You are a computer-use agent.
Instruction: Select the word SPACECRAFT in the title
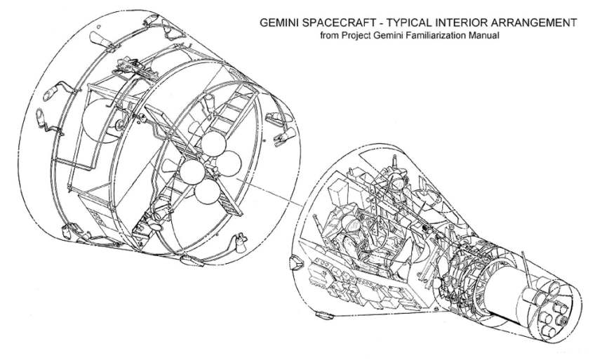click(x=342, y=22)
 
